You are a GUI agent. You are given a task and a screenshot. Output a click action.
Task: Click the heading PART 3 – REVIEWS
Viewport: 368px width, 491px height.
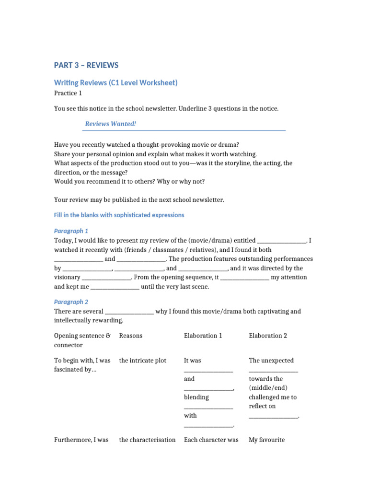(86, 65)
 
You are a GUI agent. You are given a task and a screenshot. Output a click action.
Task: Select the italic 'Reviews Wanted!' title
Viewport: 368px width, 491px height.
(111, 124)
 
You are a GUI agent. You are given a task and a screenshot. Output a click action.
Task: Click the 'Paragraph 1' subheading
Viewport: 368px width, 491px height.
(71, 231)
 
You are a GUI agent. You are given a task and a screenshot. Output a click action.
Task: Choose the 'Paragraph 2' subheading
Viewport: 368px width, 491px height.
(71, 302)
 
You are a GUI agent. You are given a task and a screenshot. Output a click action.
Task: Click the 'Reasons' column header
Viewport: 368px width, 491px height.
(131, 336)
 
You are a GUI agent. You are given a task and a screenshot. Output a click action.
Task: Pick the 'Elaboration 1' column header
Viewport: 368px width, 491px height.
(203, 336)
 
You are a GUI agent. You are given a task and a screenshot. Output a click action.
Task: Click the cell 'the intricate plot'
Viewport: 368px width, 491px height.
(143, 361)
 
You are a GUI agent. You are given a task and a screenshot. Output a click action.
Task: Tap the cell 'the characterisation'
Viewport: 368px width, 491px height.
(147, 440)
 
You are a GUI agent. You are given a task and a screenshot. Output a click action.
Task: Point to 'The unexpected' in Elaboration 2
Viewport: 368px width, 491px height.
(271, 361)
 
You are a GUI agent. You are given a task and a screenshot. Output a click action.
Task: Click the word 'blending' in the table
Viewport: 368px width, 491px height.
(196, 397)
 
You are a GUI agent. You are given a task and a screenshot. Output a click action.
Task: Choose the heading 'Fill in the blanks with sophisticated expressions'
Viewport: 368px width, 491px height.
(119, 215)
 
